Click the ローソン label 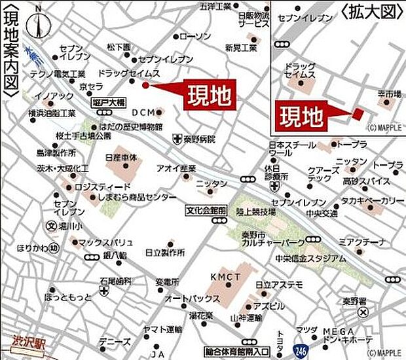(x=195, y=36)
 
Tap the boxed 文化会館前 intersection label (x=206, y=211)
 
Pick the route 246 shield (x=301, y=351)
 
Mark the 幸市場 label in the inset (x=388, y=95)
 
